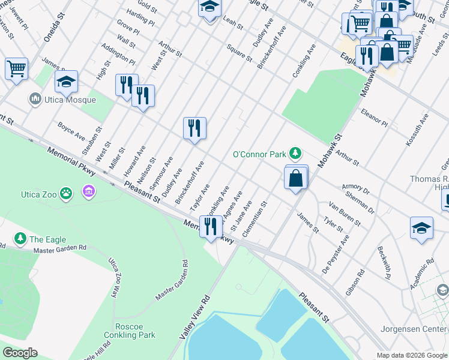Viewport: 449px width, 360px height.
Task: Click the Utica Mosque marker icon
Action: (x=34, y=98)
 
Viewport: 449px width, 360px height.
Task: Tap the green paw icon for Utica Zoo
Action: (x=66, y=193)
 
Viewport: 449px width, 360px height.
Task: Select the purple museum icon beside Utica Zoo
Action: (x=89, y=192)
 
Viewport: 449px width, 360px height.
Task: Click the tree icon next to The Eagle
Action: (x=20, y=238)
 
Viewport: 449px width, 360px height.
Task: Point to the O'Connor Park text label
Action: (x=259, y=154)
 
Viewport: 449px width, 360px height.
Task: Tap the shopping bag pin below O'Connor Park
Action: (x=297, y=178)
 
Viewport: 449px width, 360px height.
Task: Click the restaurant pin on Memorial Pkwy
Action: (x=211, y=227)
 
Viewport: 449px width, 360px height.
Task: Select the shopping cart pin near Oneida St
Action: (x=16, y=68)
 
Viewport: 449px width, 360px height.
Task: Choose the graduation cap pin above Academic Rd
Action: (x=421, y=228)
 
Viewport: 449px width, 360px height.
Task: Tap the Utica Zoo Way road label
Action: (x=112, y=277)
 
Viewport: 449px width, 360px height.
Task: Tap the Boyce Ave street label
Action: (x=71, y=131)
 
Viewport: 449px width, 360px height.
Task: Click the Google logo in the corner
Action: (x=20, y=353)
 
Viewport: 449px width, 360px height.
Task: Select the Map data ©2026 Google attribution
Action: (x=412, y=355)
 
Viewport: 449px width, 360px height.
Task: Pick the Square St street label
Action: (x=239, y=52)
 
